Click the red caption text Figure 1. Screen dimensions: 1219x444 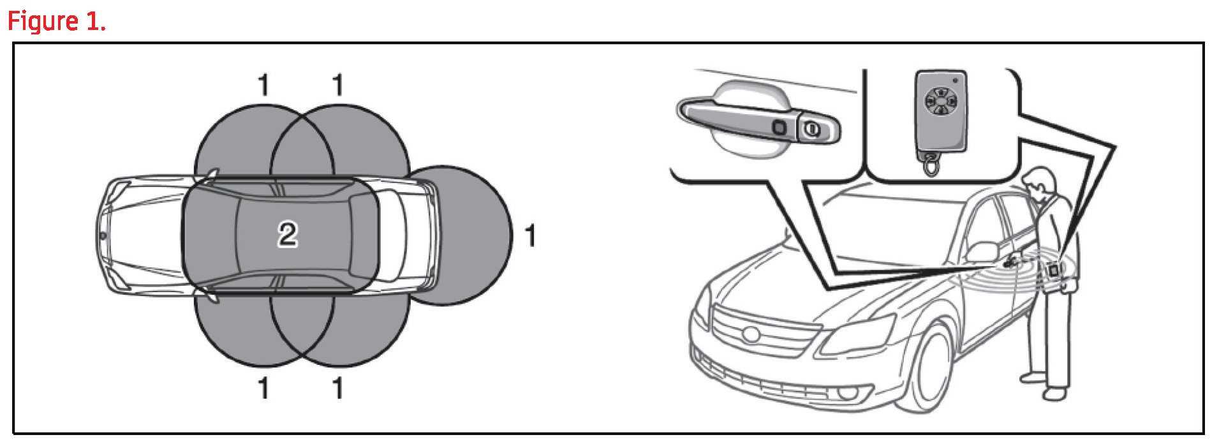click(x=56, y=22)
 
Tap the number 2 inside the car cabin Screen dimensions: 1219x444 click(x=288, y=234)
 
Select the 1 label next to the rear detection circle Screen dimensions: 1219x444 click(x=529, y=236)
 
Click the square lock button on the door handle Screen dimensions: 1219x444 click(x=779, y=126)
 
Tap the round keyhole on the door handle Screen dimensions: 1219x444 click(x=811, y=129)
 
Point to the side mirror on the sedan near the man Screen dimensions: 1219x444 click(x=982, y=251)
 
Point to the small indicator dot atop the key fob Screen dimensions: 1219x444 click(x=955, y=81)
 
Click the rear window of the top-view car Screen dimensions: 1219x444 click(x=364, y=235)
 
